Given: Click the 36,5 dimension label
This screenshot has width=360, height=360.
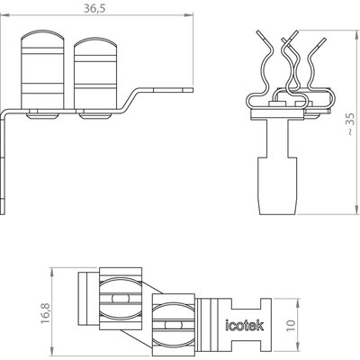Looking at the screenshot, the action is point(94,8).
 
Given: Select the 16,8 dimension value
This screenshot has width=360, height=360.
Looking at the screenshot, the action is point(45,313).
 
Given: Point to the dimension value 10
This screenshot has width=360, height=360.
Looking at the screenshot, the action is point(291,325).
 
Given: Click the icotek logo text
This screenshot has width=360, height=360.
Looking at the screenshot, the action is point(245,325).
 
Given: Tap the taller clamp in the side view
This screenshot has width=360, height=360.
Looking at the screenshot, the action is point(42,69).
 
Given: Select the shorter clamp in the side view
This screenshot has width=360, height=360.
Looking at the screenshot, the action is point(95,74).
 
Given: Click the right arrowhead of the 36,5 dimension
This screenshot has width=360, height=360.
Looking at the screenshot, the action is point(190,14).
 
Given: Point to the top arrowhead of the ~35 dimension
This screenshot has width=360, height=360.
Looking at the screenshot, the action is point(356,34).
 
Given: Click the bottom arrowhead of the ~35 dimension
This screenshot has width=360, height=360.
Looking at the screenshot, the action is point(356,211).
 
